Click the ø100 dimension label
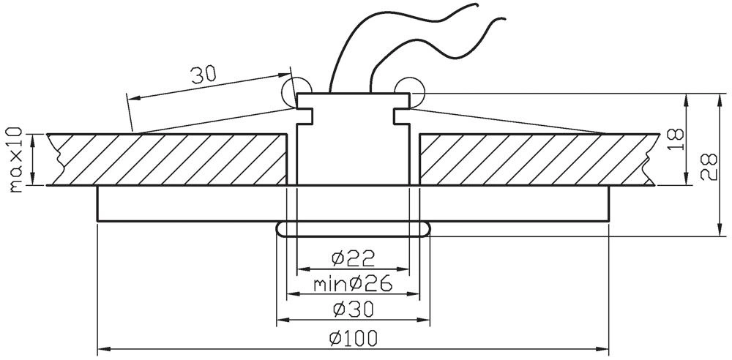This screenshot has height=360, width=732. tap(353, 338)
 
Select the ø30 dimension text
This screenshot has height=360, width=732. tap(354, 309)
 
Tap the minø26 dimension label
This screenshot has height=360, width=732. tap(353, 284)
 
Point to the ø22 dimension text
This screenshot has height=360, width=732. tap(353, 258)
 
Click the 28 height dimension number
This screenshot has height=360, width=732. tap(709, 167)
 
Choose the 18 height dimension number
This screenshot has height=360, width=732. tap(676, 139)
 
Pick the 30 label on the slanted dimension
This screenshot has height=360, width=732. tap(203, 75)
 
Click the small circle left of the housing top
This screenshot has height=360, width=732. tap(296, 91)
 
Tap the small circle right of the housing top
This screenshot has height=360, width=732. tap(409, 91)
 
